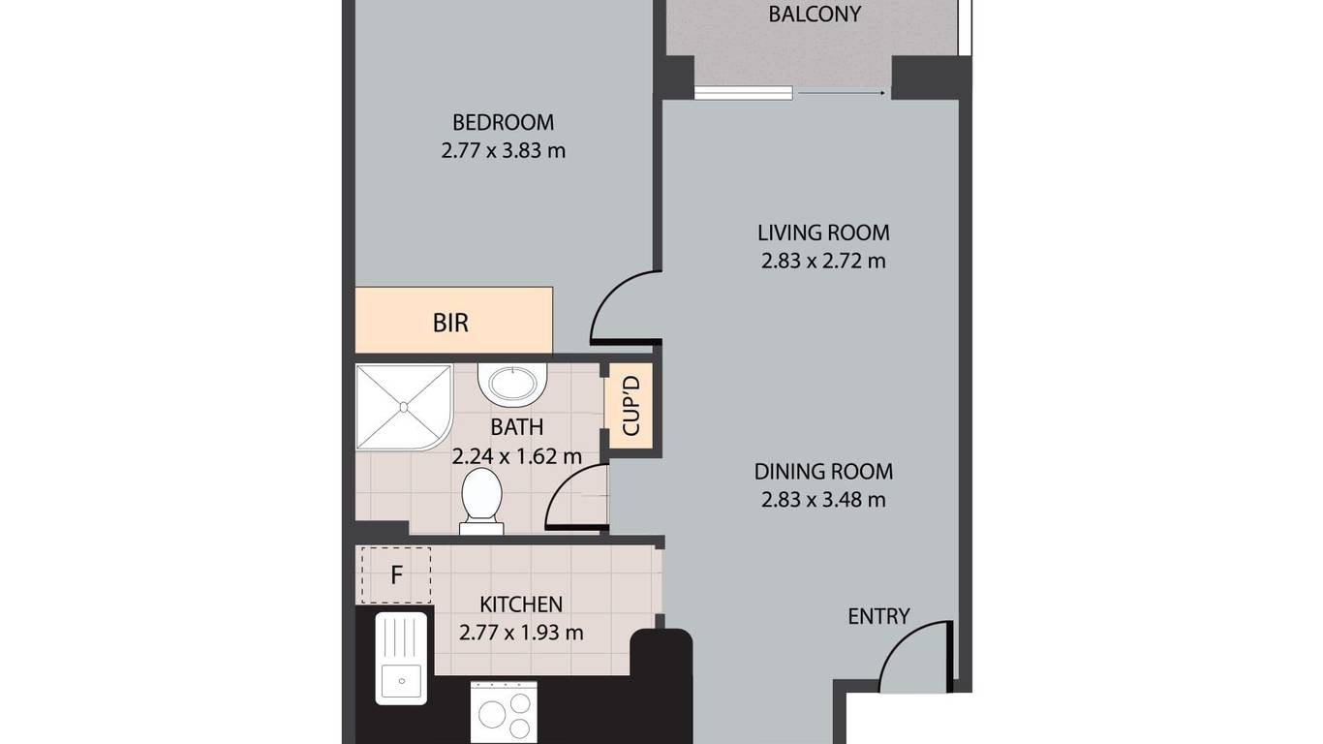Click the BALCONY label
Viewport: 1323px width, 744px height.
click(815, 15)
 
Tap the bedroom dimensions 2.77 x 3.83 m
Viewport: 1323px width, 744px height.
click(504, 151)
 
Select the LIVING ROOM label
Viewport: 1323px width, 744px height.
click(823, 232)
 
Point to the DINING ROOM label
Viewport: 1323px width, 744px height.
click(823, 472)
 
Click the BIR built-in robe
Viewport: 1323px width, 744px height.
click(453, 321)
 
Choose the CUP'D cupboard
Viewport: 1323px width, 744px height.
click(631, 406)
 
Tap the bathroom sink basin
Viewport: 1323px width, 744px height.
click(512, 385)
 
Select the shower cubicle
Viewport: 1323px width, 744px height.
click(404, 407)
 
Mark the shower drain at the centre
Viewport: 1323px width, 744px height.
click(404, 407)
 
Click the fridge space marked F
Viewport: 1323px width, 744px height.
click(396, 575)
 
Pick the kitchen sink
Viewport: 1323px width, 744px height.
click(401, 659)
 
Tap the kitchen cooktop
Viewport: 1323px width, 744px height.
click(504, 711)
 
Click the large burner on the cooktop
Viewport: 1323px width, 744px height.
click(492, 714)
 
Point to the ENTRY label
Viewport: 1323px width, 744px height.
click(878, 616)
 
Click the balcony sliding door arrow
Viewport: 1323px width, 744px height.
click(842, 93)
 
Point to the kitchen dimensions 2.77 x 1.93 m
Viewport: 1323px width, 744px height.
click(521, 633)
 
